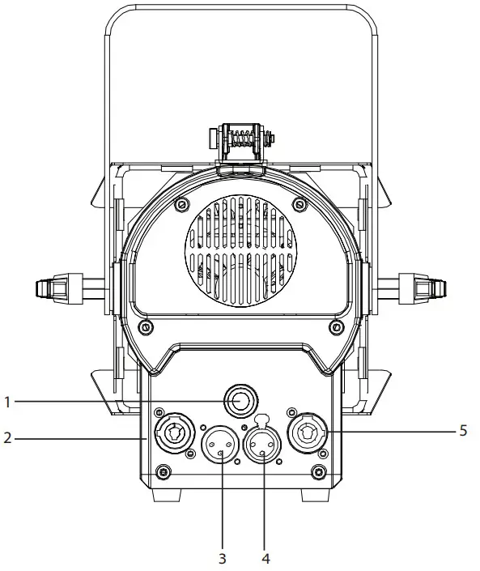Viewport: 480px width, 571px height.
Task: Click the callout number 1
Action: (x=6, y=400)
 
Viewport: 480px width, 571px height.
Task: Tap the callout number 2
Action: (x=6, y=438)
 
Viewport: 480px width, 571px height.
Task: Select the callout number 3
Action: (x=223, y=559)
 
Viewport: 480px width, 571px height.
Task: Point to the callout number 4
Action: (x=264, y=559)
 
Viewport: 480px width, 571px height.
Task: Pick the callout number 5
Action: (x=462, y=431)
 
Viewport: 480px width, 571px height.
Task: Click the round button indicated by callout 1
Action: (x=240, y=399)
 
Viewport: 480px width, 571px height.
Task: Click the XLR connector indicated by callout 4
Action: (x=264, y=445)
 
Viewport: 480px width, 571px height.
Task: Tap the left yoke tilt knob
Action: (x=53, y=287)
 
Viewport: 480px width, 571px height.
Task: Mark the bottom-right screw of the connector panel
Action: (x=320, y=471)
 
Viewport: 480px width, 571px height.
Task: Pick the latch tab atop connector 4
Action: (x=264, y=420)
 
